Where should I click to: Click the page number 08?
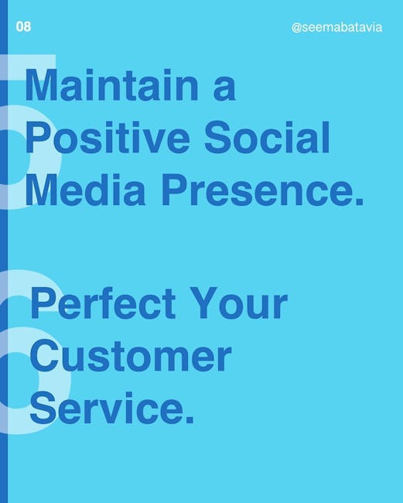[23, 26]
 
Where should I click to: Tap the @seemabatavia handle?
[337, 28]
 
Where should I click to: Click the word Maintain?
[111, 85]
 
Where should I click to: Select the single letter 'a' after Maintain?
[224, 90]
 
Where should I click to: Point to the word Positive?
[108, 138]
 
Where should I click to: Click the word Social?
[267, 138]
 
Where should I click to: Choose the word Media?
[85, 190]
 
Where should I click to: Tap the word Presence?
[258, 190]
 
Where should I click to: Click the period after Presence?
[360, 201]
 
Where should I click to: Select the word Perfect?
[103, 303]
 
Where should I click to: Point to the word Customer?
[131, 356]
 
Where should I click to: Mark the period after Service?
[190, 419]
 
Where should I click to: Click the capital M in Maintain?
[41, 85]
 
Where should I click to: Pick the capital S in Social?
[218, 138]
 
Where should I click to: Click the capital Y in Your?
[204, 303]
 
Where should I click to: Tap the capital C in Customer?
[44, 356]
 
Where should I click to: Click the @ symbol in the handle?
[296, 28]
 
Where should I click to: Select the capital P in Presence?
[174, 190]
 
